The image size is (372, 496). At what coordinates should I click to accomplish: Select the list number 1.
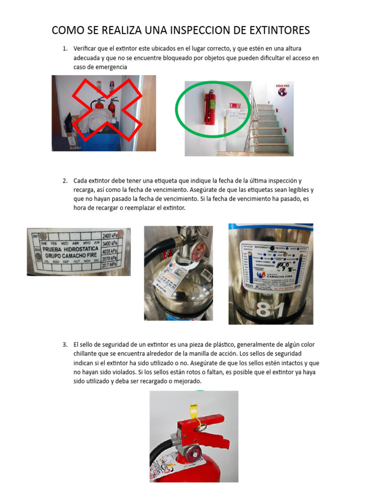[64, 49]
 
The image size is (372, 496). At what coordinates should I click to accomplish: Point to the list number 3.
[64, 344]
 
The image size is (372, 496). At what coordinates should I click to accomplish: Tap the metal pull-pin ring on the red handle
[200, 427]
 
